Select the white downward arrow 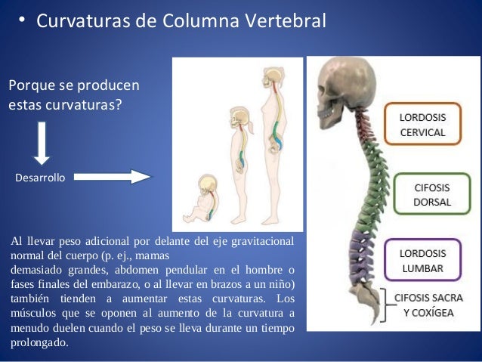(x=42, y=142)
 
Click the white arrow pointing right (x=113, y=177)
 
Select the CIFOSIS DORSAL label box (x=432, y=194)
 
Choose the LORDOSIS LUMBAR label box (x=422, y=261)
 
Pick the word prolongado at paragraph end (x=39, y=342)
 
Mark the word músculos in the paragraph (x=32, y=312)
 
